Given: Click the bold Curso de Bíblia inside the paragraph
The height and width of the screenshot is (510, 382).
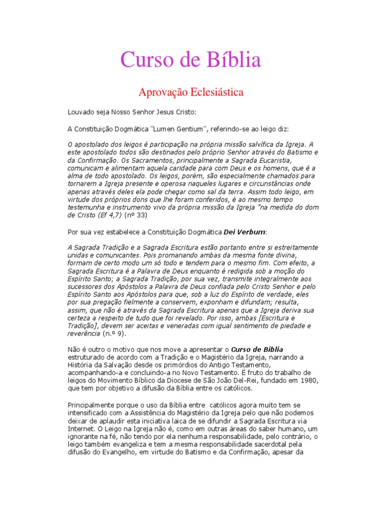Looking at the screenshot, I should tap(257, 350).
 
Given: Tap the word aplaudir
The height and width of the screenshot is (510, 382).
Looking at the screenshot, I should tap(109, 421).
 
